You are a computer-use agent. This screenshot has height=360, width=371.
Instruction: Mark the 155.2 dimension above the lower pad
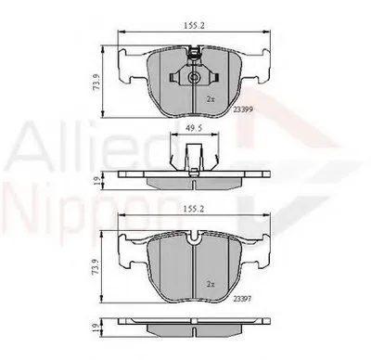pos(192,211)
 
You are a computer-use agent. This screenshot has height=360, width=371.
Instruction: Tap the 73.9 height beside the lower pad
pos(94,268)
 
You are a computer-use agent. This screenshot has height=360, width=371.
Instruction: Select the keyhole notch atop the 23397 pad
pos(192,243)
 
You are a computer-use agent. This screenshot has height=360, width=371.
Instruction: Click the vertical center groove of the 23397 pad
pos(192,278)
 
